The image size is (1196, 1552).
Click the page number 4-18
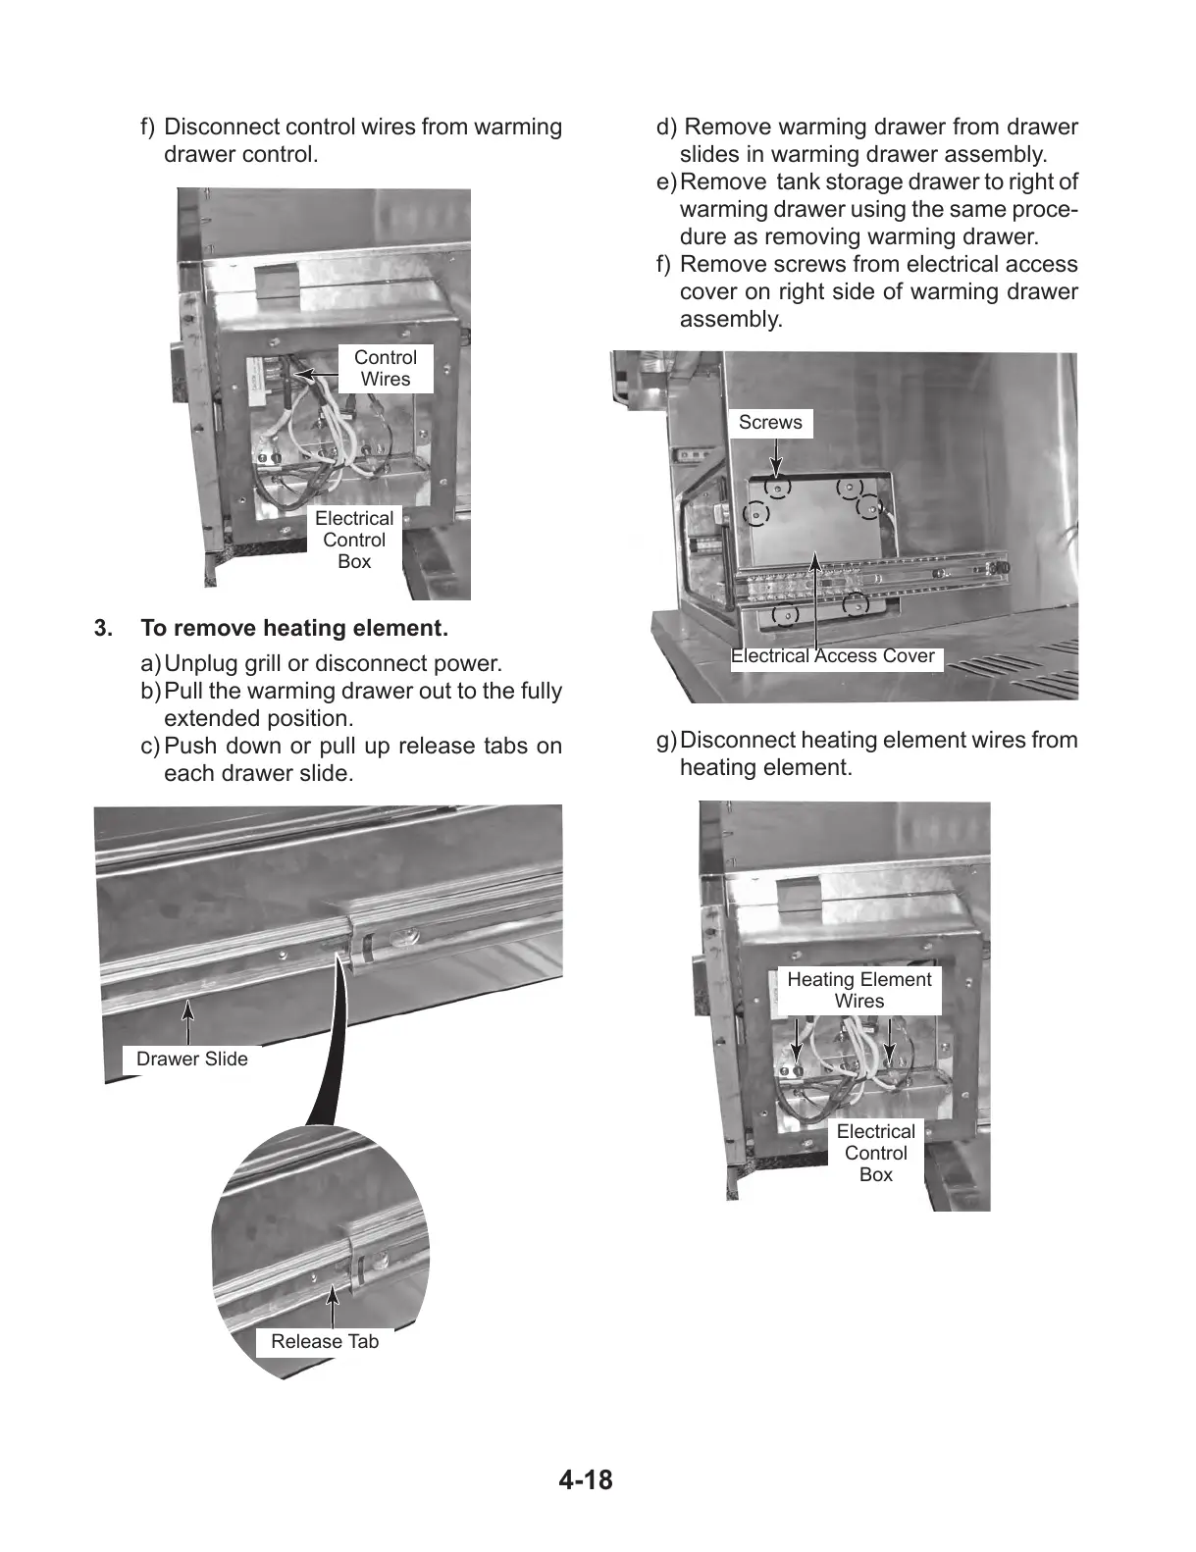point(585,1479)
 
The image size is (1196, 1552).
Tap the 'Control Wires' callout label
point(385,369)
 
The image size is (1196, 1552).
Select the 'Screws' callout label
point(770,423)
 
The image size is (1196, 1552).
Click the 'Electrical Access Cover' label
point(833,656)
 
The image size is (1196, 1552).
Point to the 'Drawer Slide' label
point(191,1060)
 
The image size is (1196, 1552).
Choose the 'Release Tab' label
point(324,1342)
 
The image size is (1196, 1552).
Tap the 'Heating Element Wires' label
point(858,990)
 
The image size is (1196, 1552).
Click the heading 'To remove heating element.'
point(294,628)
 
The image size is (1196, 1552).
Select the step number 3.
point(102,628)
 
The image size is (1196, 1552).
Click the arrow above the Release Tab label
point(334,1307)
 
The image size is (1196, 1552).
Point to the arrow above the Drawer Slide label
point(187,1020)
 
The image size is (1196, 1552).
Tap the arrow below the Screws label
point(775,456)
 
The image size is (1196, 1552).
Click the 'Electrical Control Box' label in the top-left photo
point(354,540)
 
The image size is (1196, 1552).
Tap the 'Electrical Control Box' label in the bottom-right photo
point(875,1153)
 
